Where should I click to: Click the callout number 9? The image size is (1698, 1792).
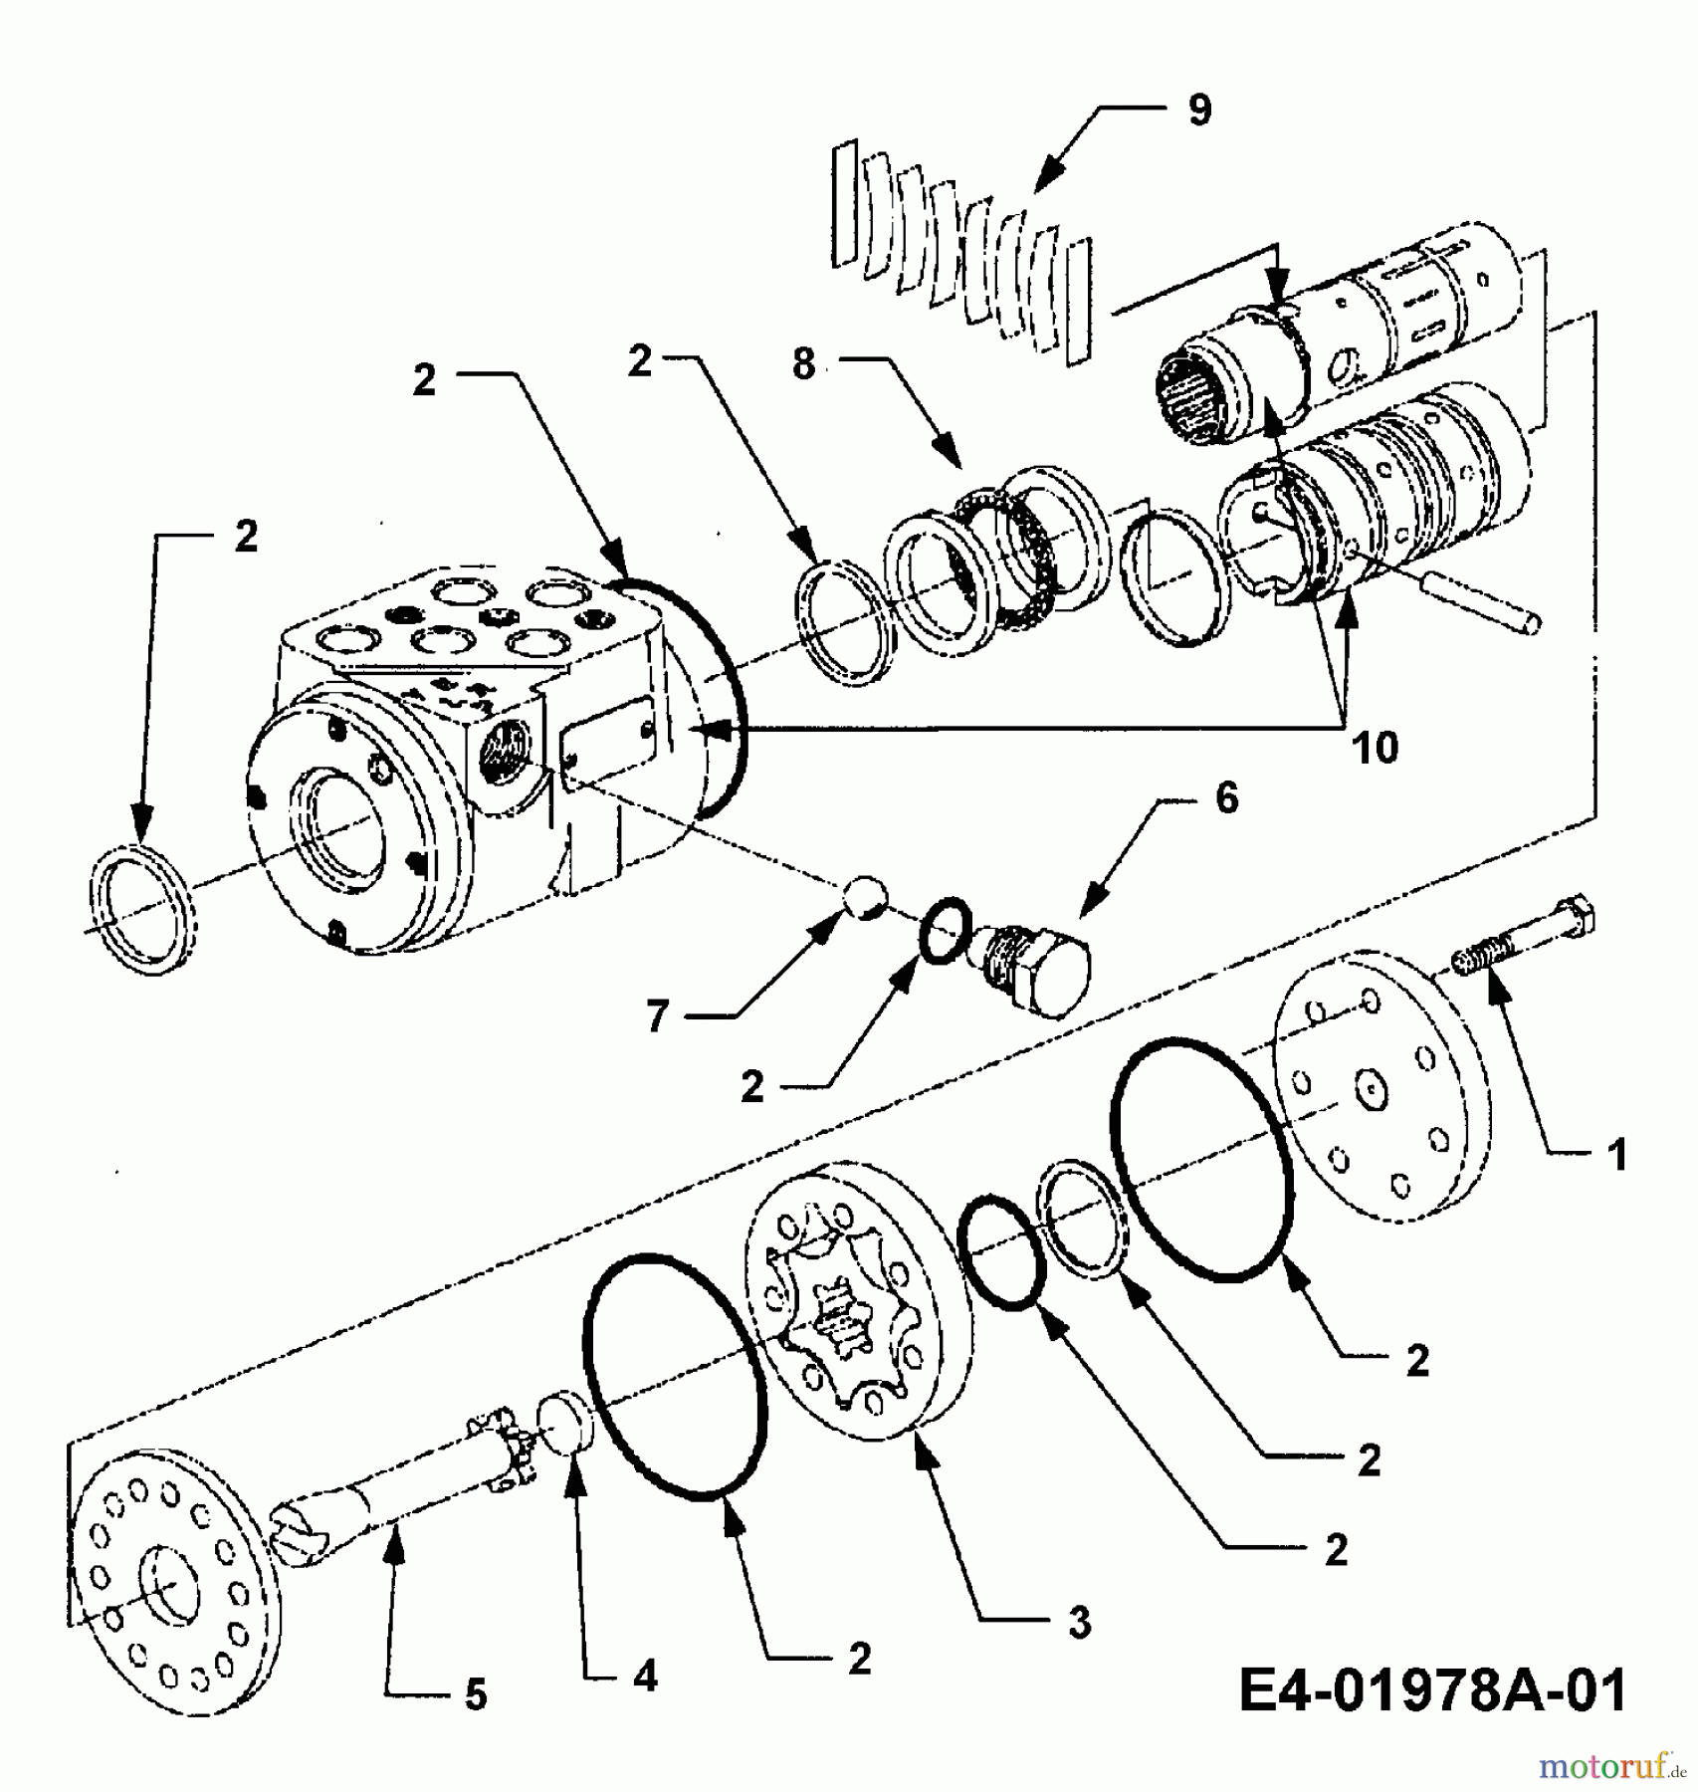(x=1199, y=110)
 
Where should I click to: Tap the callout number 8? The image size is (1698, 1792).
(x=804, y=364)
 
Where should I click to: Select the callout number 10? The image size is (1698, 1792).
(x=1375, y=748)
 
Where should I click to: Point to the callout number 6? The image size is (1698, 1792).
(x=1227, y=797)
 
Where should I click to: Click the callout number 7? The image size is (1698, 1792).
(x=657, y=1017)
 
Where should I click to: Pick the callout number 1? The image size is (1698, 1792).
(x=1618, y=1155)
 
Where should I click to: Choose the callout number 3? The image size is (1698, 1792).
(x=1080, y=1623)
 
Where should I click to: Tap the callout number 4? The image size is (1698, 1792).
(x=645, y=1678)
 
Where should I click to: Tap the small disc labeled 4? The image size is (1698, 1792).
(x=565, y=1426)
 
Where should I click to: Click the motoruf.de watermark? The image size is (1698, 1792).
(x=1612, y=1766)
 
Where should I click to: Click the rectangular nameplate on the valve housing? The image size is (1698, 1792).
(x=609, y=744)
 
